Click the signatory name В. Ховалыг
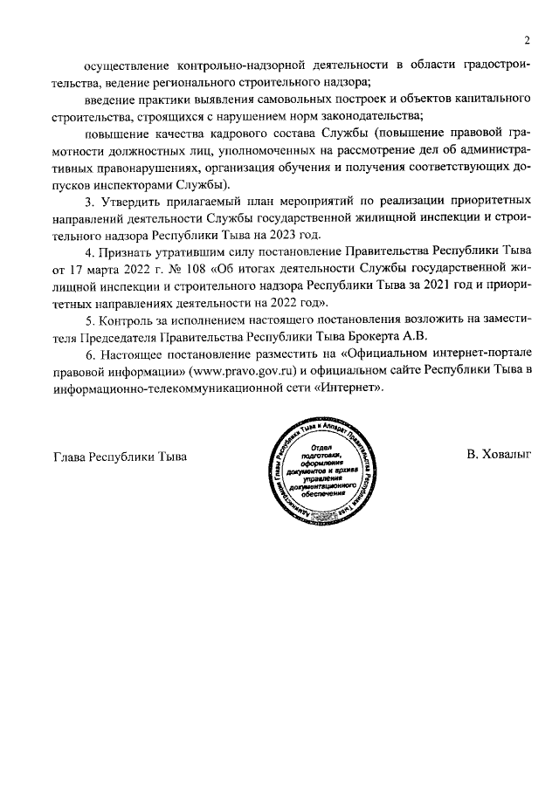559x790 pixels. [499, 455]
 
